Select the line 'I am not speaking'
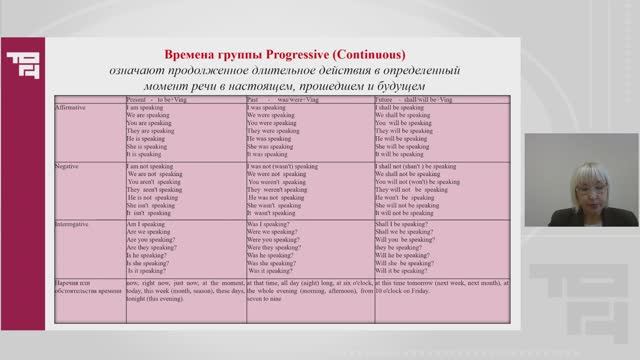[x=153, y=168]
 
